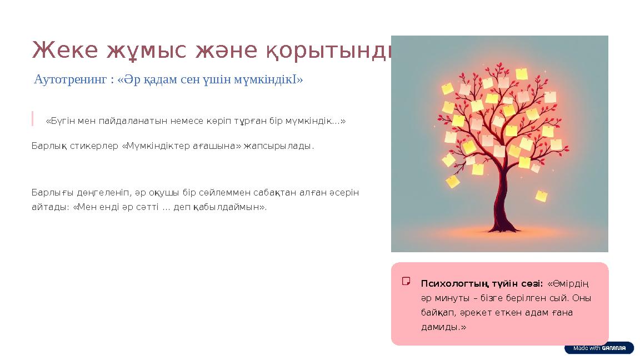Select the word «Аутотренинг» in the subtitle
click(x=70, y=79)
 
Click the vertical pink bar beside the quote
click(x=33, y=119)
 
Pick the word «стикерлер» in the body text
click(x=94, y=147)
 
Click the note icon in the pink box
click(x=406, y=281)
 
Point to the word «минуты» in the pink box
click(x=449, y=298)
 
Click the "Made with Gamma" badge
click(x=599, y=348)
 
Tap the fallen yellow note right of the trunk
click(x=541, y=196)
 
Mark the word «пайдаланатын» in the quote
click(x=115, y=121)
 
